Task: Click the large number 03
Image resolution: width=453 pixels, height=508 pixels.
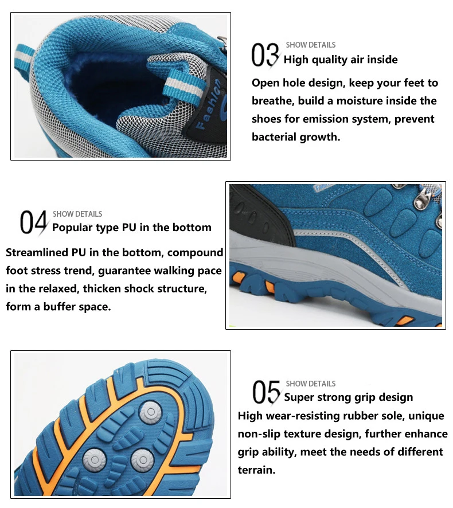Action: coord(265,55)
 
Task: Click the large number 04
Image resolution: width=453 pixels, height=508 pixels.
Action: coord(33,222)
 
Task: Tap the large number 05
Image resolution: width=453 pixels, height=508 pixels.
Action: coord(265,392)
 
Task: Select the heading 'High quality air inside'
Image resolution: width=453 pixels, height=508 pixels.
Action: coord(341,60)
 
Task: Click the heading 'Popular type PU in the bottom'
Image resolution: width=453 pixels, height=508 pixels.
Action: coord(131,228)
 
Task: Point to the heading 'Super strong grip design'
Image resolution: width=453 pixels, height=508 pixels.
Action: coord(348,397)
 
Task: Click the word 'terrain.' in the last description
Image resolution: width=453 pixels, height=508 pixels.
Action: coord(256,470)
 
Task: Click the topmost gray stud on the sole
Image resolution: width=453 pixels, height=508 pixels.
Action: coord(150,412)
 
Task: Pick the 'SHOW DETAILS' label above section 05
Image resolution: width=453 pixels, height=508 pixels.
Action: coord(310,384)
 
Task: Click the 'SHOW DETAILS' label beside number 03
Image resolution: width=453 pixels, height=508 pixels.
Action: coord(310,45)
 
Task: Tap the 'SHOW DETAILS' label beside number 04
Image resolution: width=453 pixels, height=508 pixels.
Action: coord(77,214)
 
